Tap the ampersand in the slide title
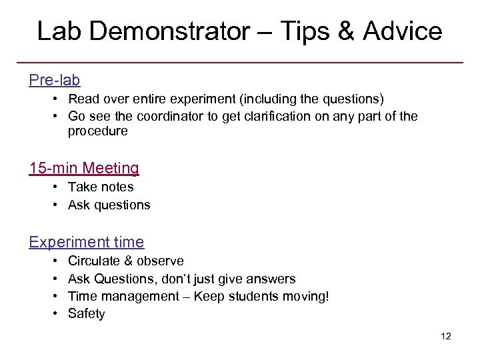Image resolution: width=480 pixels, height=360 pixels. click(344, 31)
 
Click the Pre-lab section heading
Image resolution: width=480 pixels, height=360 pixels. click(55, 80)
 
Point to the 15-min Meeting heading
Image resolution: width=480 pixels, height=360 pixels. click(84, 168)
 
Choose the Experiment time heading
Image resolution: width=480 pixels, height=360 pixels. click(87, 241)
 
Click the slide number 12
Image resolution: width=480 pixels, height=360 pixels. click(446, 336)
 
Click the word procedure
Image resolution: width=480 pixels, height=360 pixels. click(97, 131)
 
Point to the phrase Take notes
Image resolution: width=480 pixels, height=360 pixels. click(101, 187)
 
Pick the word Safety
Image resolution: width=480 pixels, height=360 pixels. click(87, 313)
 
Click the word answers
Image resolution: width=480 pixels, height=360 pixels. click(272, 279)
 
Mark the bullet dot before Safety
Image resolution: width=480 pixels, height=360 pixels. click(52, 313)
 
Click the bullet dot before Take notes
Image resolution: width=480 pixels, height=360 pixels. click(52, 187)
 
